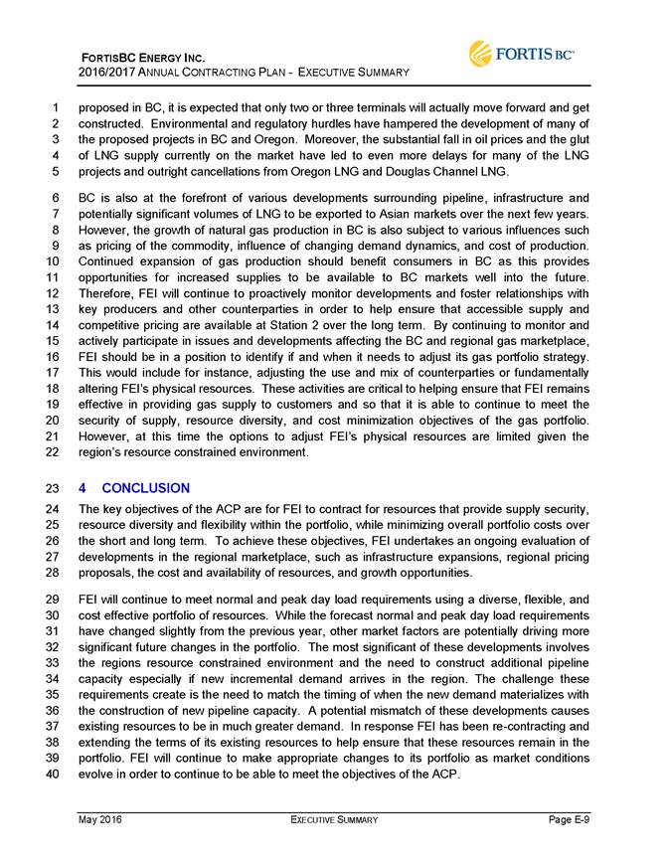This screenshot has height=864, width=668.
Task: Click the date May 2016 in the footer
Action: [101, 819]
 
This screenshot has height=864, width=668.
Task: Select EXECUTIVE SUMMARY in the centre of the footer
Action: [334, 819]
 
